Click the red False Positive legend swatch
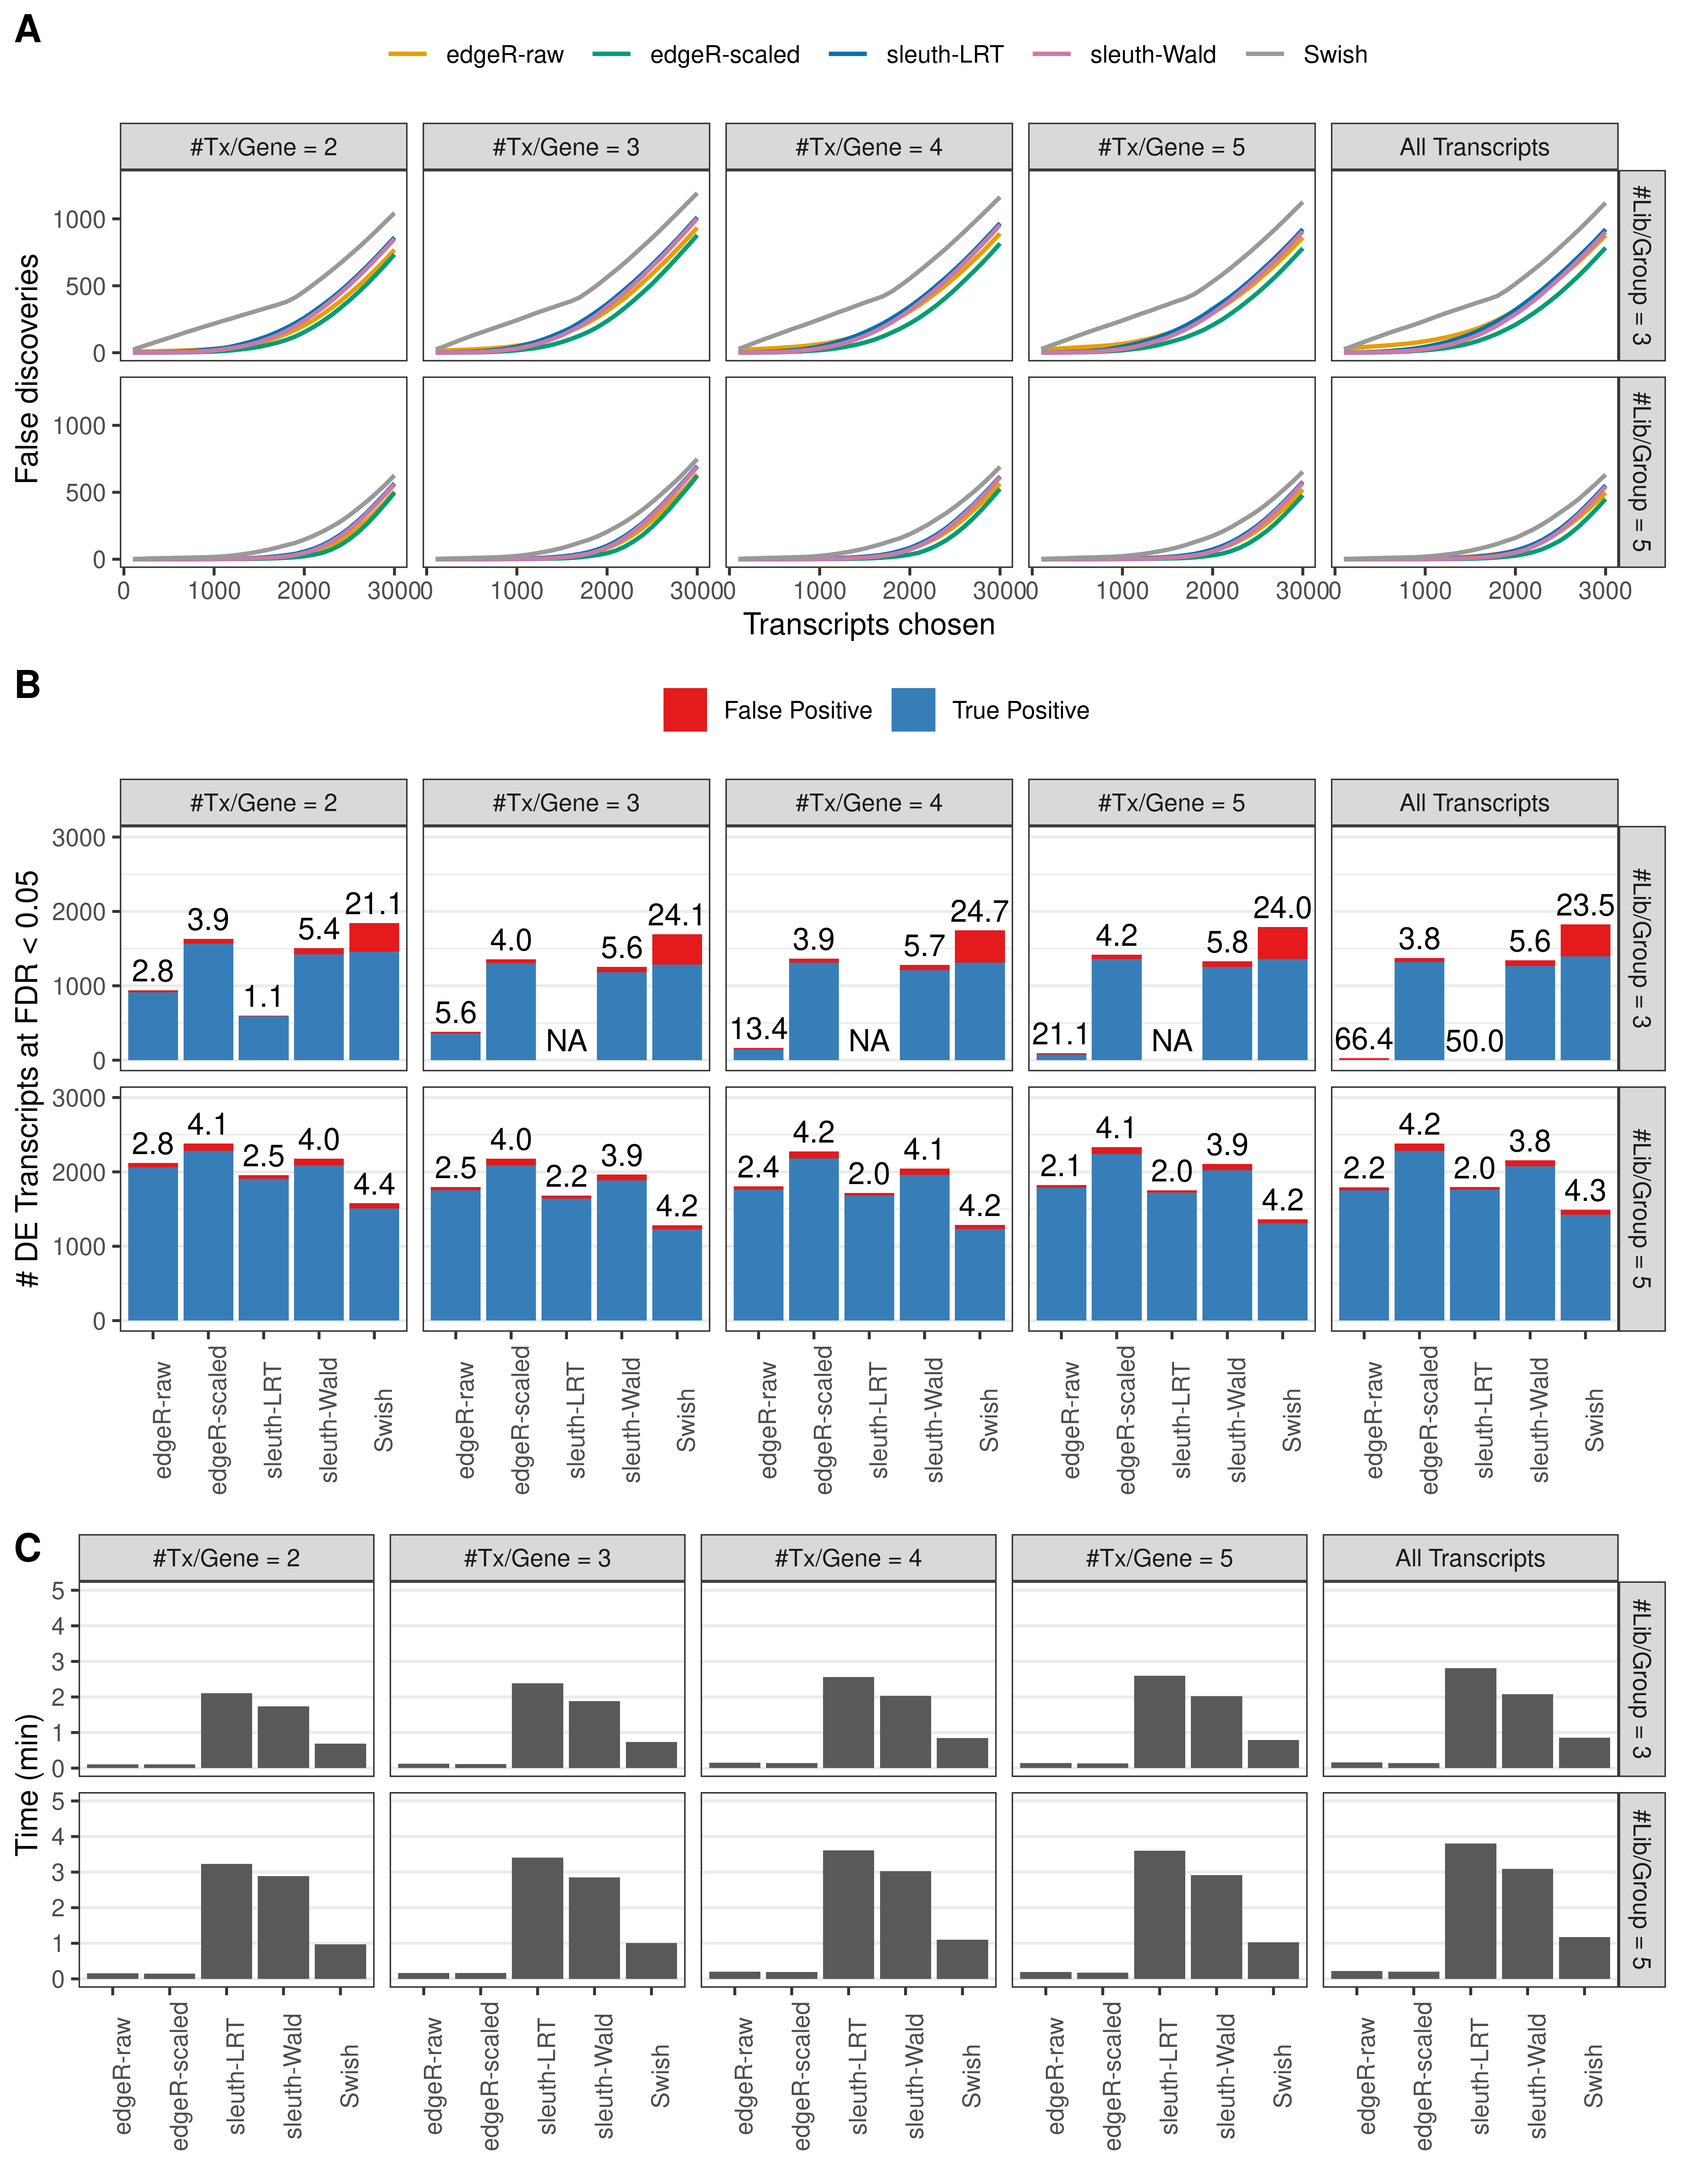(685, 710)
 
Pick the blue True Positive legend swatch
(913, 710)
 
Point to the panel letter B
(28, 685)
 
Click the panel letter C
(28, 1549)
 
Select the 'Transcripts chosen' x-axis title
(869, 624)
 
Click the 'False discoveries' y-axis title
(28, 368)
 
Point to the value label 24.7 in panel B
(979, 911)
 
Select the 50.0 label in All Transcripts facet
(1474, 1042)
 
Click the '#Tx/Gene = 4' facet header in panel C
(847, 1558)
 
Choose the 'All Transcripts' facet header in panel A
(1474, 147)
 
